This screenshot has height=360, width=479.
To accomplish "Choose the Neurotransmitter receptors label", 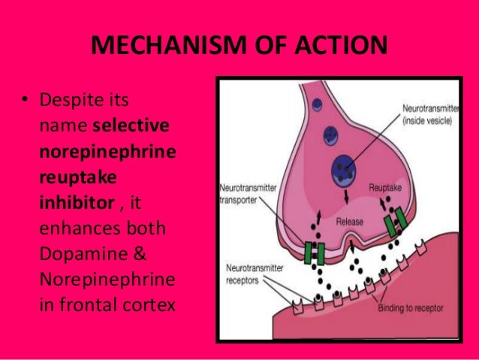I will (x=248, y=271).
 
